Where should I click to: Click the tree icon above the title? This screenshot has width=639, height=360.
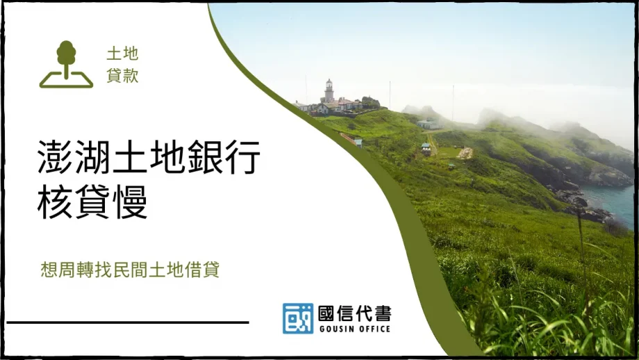(x=66, y=64)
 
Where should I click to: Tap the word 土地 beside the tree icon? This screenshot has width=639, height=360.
(x=122, y=54)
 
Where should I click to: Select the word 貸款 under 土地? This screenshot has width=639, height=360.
(x=122, y=76)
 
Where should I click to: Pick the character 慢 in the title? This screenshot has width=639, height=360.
(x=131, y=203)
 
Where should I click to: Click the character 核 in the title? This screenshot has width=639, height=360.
(x=54, y=203)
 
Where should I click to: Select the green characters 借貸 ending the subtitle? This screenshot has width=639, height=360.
(x=202, y=270)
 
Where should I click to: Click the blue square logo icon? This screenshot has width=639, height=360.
(x=297, y=318)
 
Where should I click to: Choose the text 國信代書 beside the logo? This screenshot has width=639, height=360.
(x=354, y=313)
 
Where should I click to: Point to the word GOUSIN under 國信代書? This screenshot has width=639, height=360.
(x=336, y=329)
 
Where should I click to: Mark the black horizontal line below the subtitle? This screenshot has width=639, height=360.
(x=128, y=322)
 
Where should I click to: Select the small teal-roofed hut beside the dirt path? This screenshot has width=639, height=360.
(x=426, y=147)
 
